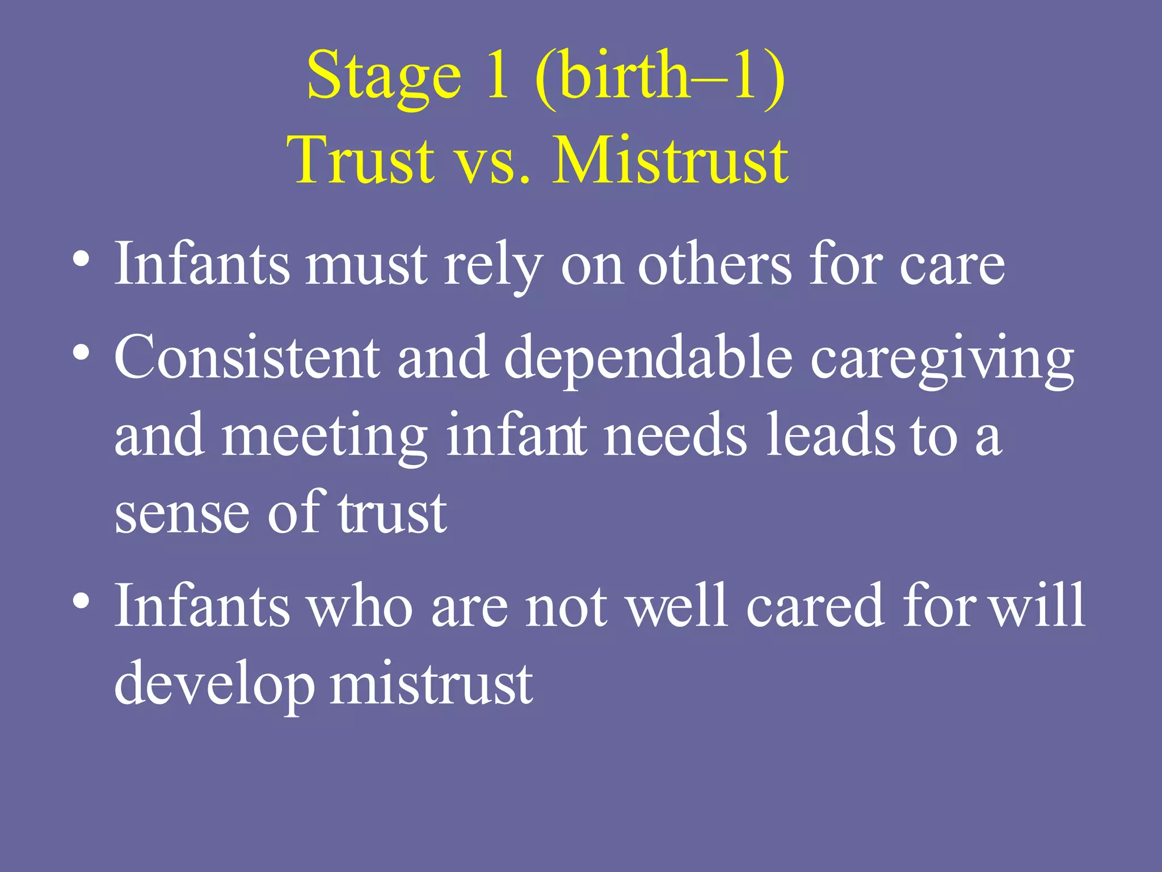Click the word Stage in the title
(384, 77)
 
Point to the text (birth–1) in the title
(660, 77)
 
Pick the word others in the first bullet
(714, 265)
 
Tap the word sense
(182, 514)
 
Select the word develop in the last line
(214, 684)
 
